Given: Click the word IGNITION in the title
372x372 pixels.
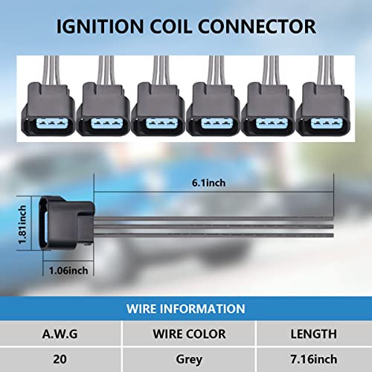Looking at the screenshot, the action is (x=100, y=26).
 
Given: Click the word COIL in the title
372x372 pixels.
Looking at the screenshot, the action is (x=171, y=26).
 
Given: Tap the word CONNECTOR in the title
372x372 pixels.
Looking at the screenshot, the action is (x=257, y=26).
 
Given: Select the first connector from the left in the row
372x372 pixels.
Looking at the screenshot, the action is (x=48, y=109).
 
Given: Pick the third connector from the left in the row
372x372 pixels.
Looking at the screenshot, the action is (x=158, y=109).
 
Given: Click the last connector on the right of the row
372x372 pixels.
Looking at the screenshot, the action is (x=323, y=109).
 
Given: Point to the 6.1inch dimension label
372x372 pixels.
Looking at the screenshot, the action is (x=209, y=183).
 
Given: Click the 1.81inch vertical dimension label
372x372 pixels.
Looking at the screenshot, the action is (x=22, y=225).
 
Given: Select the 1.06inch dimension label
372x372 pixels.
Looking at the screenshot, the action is (x=68, y=270).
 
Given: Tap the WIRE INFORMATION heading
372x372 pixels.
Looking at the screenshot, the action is (x=186, y=309).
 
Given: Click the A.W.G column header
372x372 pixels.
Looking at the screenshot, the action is (x=60, y=334).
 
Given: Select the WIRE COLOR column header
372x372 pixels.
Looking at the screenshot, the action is (x=189, y=334).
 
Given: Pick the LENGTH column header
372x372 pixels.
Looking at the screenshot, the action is (x=314, y=334).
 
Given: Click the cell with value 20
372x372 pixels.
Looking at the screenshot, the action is (x=60, y=359).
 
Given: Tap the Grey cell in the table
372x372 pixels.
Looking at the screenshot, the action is (x=189, y=359).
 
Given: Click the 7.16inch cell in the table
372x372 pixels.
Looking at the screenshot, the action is (x=314, y=359).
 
